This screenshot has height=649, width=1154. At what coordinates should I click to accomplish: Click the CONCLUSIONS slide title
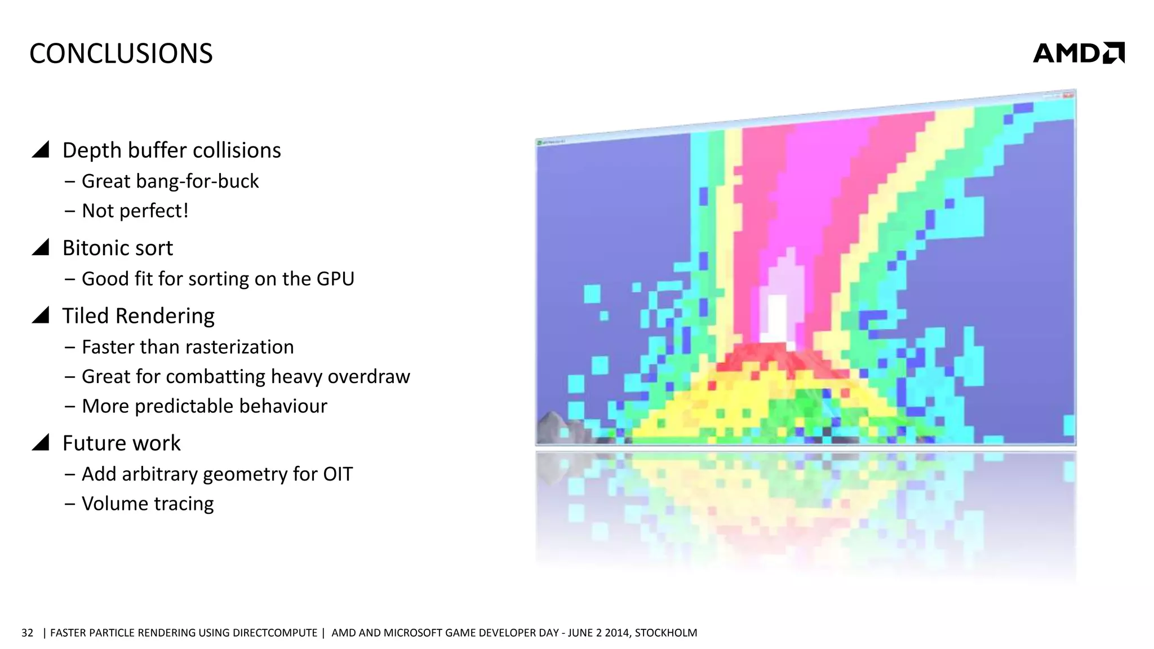click(x=121, y=54)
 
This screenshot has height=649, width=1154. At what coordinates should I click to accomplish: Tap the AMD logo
click(x=1078, y=53)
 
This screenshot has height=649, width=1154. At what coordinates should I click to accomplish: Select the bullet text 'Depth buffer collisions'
click(x=171, y=150)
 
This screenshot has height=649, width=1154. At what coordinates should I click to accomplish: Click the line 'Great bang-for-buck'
click(x=170, y=181)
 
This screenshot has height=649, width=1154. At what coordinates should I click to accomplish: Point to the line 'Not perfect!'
click(x=135, y=211)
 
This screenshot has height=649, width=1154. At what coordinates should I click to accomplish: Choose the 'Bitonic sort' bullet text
click(x=117, y=248)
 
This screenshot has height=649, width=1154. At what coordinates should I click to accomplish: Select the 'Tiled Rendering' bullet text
click(x=138, y=316)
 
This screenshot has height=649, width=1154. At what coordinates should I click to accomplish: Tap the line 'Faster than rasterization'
click(x=188, y=347)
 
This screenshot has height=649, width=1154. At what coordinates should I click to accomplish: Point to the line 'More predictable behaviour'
click(x=205, y=406)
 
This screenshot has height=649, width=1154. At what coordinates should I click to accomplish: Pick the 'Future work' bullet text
click(x=121, y=443)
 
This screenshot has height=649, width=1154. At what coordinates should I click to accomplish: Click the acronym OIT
click(x=338, y=474)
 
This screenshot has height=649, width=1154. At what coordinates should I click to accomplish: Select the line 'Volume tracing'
click(x=148, y=504)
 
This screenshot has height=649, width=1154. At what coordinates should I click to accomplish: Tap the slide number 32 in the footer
click(x=27, y=633)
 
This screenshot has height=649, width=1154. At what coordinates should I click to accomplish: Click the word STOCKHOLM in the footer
click(x=665, y=633)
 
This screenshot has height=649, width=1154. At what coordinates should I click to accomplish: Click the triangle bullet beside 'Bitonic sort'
click(x=41, y=247)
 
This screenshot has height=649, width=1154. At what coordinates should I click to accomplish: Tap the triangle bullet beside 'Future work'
click(x=41, y=442)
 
